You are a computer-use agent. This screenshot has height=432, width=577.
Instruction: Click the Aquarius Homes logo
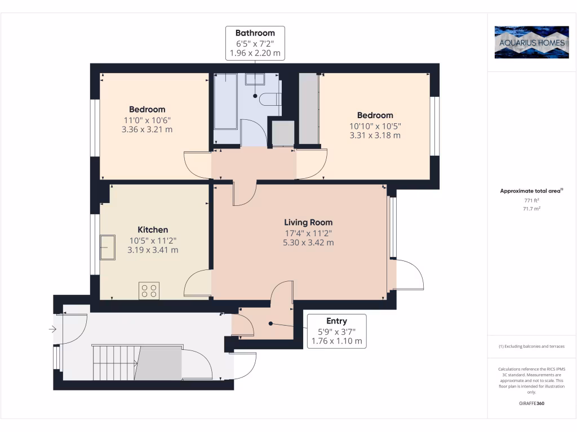[x=531, y=42]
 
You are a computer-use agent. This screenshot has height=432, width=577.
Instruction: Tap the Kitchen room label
[x=153, y=229]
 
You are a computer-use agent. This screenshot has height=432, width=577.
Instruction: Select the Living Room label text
[x=308, y=222]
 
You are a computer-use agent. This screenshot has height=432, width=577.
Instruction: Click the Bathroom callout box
[x=255, y=43]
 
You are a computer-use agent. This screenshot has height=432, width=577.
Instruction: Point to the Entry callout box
[x=337, y=331]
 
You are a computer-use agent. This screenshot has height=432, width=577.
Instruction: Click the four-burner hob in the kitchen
[x=149, y=291]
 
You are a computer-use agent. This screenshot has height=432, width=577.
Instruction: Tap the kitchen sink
[x=108, y=247]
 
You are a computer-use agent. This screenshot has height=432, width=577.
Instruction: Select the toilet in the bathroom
[x=270, y=99]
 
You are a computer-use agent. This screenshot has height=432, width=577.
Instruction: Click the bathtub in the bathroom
[x=225, y=101]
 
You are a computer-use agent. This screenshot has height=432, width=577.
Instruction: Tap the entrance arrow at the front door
[x=52, y=329]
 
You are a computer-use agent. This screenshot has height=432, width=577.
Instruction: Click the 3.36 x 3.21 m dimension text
[x=147, y=129]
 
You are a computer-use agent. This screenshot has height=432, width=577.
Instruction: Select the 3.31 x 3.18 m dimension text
[x=375, y=135]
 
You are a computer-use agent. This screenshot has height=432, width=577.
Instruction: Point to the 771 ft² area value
[x=531, y=200]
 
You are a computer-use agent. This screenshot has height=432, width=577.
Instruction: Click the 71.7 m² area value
[x=531, y=208]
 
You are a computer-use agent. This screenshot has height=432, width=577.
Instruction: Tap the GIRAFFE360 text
[x=531, y=403]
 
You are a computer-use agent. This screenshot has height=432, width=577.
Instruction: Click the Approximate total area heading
[x=531, y=191]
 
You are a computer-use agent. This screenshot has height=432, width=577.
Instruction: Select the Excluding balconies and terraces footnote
[x=531, y=346]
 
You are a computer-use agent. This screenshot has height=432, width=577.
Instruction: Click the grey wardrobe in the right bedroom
[x=308, y=109]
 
